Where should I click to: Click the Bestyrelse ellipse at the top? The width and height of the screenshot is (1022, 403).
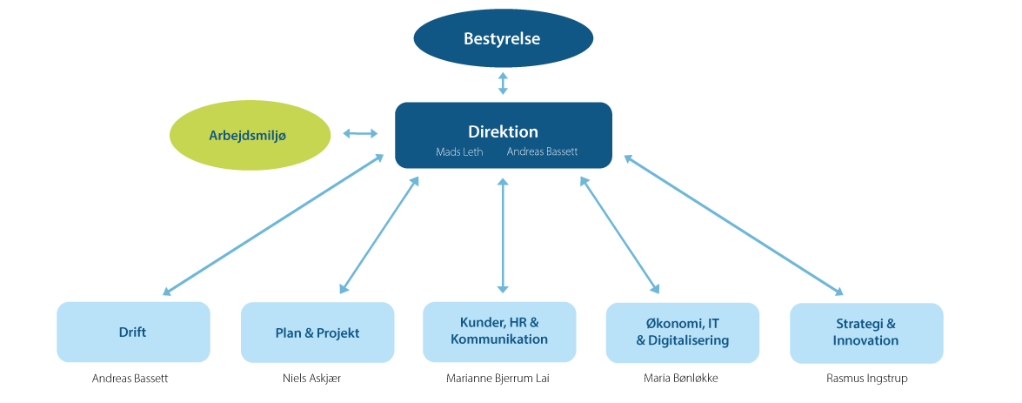pos(503,38)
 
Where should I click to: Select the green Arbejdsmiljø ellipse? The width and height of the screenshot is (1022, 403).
pos(250,136)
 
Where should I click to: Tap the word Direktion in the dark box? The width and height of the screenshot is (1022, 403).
pos(503,132)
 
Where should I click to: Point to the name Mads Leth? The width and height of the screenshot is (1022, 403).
pos(459,151)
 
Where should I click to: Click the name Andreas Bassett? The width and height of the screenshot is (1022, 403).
pos(543,151)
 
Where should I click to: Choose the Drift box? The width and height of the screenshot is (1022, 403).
pos(133,332)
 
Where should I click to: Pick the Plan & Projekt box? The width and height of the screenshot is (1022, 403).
pos(317,332)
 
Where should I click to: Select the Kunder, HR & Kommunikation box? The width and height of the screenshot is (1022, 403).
pos(499,332)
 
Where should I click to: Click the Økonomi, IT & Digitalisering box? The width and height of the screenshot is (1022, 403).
pos(683,332)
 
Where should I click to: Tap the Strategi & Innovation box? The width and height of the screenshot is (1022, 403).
pos(865,332)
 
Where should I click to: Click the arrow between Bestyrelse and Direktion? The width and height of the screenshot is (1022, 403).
pos(503,83)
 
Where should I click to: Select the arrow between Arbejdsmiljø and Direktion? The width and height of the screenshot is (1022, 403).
pos(360,133)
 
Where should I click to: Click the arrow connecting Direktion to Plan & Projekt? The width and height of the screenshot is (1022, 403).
pos(379,235)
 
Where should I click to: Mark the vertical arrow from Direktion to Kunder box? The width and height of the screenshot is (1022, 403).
pos(502,235)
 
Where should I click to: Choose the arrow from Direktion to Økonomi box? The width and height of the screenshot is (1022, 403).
pos(620,235)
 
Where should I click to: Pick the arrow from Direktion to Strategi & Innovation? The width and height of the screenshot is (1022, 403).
pos(733,225)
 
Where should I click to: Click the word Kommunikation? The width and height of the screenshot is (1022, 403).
pos(499,339)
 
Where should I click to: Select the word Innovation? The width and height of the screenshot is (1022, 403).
pos(865,340)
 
